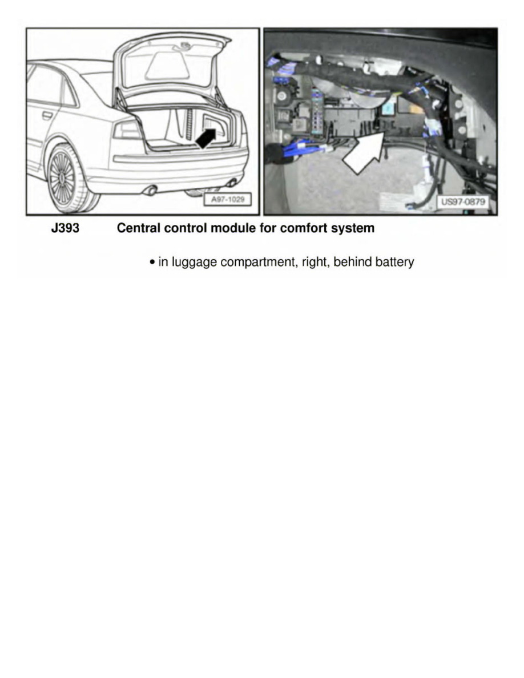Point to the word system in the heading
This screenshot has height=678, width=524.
[352, 229]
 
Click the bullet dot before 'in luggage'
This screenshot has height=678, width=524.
[152, 263]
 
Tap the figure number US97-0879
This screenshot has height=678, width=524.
[464, 201]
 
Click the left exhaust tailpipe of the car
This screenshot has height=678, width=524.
[151, 190]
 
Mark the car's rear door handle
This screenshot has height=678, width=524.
[47, 115]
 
